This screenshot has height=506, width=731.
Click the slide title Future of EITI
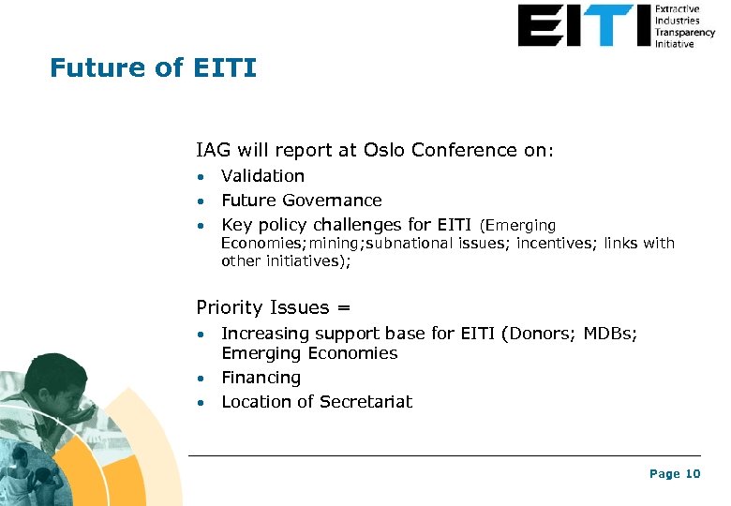tap(153, 68)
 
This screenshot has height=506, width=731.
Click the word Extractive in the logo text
tap(677, 9)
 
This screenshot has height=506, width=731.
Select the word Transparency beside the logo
tap(684, 32)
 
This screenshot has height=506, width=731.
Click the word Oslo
tap(385, 150)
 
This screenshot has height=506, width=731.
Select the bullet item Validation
tap(262, 176)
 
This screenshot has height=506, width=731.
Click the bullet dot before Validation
tap(201, 177)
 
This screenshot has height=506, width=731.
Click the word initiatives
tap(304, 261)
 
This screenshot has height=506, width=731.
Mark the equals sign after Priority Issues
tap(344, 308)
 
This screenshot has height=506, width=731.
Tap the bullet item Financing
tap(261, 378)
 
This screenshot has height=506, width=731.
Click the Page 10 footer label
tap(675, 474)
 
